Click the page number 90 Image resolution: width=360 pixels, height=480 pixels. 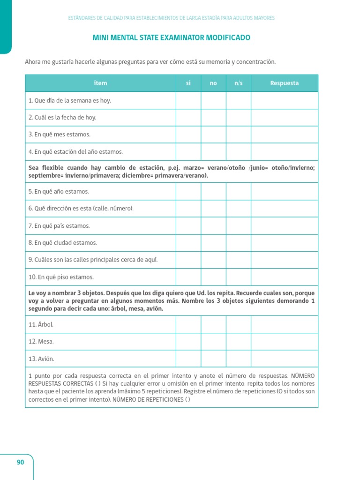point(20,462)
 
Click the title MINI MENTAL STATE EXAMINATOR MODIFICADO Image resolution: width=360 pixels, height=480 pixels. point(172,38)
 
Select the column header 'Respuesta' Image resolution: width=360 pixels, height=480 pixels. point(284,83)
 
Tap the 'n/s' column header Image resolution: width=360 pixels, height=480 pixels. point(238,83)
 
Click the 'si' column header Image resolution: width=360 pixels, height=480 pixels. point(188,83)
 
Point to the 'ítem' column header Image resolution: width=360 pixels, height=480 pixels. point(100,83)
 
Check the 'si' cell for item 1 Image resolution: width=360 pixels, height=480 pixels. point(188,100)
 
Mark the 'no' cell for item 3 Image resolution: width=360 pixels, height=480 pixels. point(213,135)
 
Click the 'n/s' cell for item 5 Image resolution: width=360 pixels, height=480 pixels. point(238,191)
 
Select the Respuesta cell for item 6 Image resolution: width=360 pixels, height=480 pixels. point(284,209)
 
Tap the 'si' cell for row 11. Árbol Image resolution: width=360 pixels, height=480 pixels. point(188,324)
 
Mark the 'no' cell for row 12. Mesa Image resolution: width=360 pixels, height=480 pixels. point(213,342)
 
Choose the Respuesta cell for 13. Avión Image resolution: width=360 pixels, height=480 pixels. point(284,359)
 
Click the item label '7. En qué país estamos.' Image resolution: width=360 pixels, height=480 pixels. point(59,226)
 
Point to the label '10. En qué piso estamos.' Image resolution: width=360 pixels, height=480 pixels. point(61,277)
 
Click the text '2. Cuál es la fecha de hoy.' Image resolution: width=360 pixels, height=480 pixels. point(62,118)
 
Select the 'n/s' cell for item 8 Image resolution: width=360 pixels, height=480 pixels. point(238,243)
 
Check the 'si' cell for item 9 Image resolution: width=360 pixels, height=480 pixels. point(188,260)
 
